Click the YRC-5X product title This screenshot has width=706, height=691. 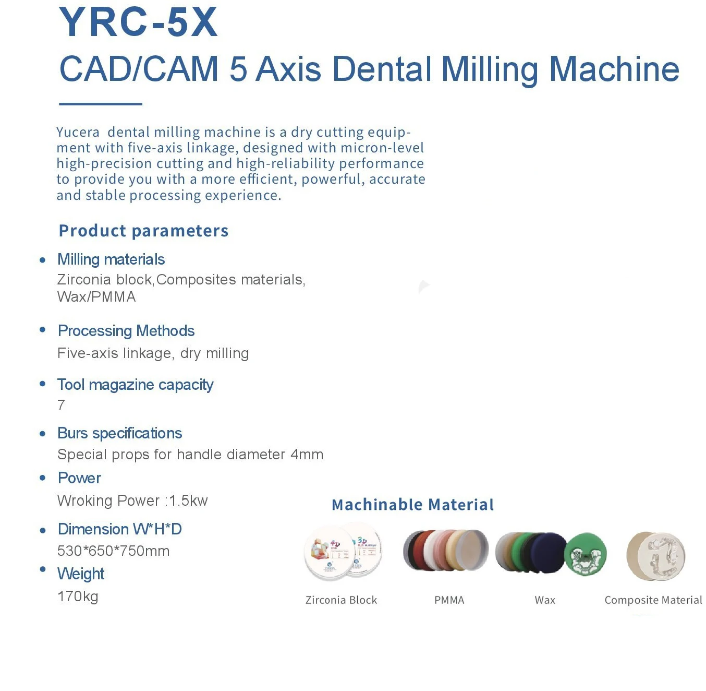click(138, 22)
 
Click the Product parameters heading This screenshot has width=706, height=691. click(143, 231)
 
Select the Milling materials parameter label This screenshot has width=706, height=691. click(111, 259)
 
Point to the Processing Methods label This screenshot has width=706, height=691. click(126, 331)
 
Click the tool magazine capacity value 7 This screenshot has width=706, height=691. click(62, 405)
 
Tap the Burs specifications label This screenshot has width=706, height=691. click(120, 433)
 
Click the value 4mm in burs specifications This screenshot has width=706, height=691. click(307, 455)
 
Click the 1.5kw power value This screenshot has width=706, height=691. click(188, 501)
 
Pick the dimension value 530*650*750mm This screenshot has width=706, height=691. click(113, 551)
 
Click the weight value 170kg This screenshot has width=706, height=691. click(78, 597)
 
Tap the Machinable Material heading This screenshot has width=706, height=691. click(412, 505)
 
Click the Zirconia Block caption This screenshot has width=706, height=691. click(341, 600)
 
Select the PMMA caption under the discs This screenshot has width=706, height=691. click(449, 600)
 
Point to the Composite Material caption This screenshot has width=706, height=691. click(653, 600)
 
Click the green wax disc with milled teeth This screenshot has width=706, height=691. click(586, 554)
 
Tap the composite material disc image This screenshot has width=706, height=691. click(655, 556)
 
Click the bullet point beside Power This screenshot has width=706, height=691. click(43, 478)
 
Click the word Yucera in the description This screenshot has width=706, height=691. click(78, 132)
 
